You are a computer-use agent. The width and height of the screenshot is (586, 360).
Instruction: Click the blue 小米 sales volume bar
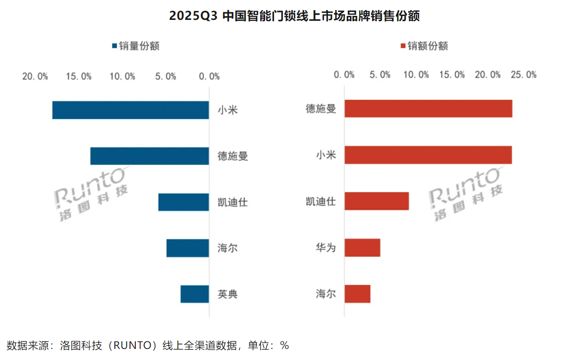(x=130, y=110)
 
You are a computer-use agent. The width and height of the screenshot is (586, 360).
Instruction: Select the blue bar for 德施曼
(x=149, y=156)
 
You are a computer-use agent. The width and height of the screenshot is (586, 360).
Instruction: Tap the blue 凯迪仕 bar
(x=183, y=202)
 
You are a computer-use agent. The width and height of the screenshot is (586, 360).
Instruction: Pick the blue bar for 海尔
(x=187, y=248)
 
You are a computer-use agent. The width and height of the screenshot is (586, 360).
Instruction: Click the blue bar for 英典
(x=194, y=294)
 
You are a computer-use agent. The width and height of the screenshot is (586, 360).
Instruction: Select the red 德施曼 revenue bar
(x=428, y=108)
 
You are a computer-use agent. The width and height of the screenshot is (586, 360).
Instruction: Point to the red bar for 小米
(x=428, y=155)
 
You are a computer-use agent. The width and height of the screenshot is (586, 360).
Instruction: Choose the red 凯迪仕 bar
(x=377, y=201)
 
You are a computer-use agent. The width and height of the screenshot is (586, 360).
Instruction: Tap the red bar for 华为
(x=362, y=248)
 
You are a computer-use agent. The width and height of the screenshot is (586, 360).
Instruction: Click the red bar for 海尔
(x=357, y=294)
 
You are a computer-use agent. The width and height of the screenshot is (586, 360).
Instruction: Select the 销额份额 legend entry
(x=424, y=46)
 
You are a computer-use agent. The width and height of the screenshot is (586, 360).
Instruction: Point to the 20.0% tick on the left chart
(x=35, y=77)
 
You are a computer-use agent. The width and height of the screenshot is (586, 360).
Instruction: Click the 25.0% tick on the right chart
(x=523, y=75)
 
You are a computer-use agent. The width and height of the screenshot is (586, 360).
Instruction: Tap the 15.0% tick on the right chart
(x=452, y=75)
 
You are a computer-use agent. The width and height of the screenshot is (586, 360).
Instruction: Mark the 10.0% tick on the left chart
(x=122, y=77)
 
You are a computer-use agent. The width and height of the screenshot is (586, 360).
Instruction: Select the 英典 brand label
(x=228, y=294)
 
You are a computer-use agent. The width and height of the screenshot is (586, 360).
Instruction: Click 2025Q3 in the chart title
(x=193, y=16)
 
